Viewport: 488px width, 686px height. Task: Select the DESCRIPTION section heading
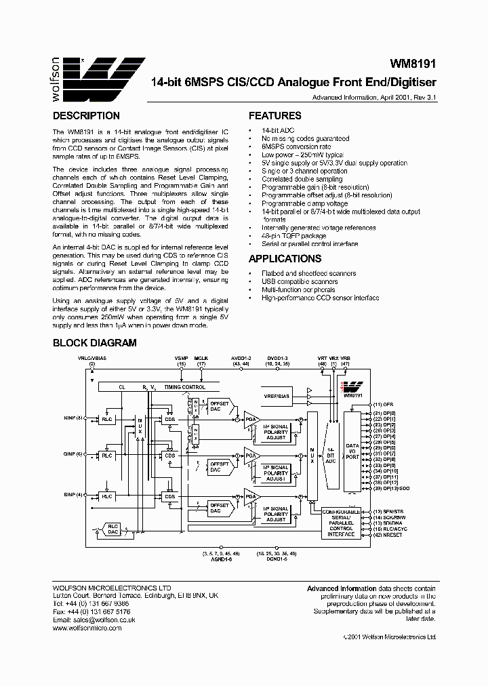[86, 116]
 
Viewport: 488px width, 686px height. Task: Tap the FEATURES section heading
[274, 116]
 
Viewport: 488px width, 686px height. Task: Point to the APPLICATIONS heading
[285, 259]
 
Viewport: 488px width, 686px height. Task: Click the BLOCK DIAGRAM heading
[95, 343]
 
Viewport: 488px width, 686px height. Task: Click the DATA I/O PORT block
[351, 447]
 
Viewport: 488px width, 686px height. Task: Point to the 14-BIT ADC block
[330, 450]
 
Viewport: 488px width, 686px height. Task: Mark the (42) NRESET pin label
[388, 536]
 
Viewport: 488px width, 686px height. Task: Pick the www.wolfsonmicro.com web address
[87, 628]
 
